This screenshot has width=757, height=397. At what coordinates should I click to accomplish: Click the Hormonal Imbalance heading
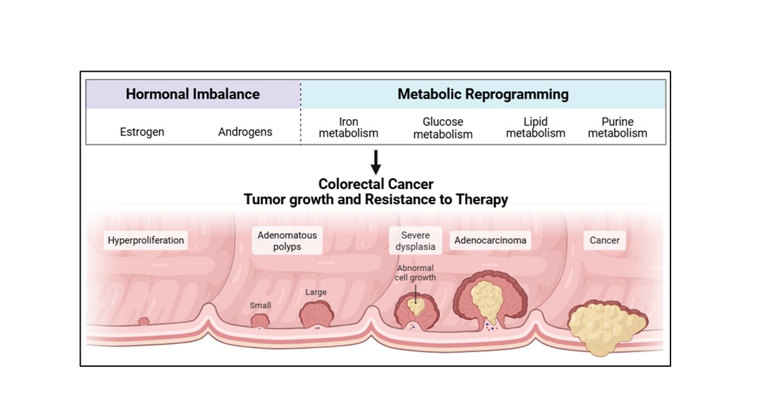[192, 95]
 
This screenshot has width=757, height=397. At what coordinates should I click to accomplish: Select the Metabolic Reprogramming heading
[483, 95]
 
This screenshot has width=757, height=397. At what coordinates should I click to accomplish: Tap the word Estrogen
[142, 132]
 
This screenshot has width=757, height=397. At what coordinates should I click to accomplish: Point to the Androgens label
[245, 132]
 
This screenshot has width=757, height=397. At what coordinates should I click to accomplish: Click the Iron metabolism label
[349, 127]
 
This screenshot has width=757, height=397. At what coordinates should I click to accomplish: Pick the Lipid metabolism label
[536, 127]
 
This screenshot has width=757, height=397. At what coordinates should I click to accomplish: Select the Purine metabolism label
[618, 127]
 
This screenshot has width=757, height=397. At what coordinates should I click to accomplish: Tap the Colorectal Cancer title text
[376, 184]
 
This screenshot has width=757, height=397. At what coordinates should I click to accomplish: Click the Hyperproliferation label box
[146, 240]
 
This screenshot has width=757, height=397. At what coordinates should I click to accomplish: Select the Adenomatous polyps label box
[287, 241]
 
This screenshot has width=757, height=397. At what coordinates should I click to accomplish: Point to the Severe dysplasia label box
[416, 241]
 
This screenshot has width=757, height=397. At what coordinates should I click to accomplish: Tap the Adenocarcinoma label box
[490, 240]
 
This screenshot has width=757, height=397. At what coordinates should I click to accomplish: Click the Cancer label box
[604, 240]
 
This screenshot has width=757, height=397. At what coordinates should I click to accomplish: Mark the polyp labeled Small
[260, 320]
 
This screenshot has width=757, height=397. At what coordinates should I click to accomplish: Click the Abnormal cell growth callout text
[416, 272]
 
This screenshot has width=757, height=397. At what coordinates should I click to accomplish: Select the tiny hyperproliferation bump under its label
[144, 321]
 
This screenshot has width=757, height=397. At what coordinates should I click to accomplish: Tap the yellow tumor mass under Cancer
[606, 325]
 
